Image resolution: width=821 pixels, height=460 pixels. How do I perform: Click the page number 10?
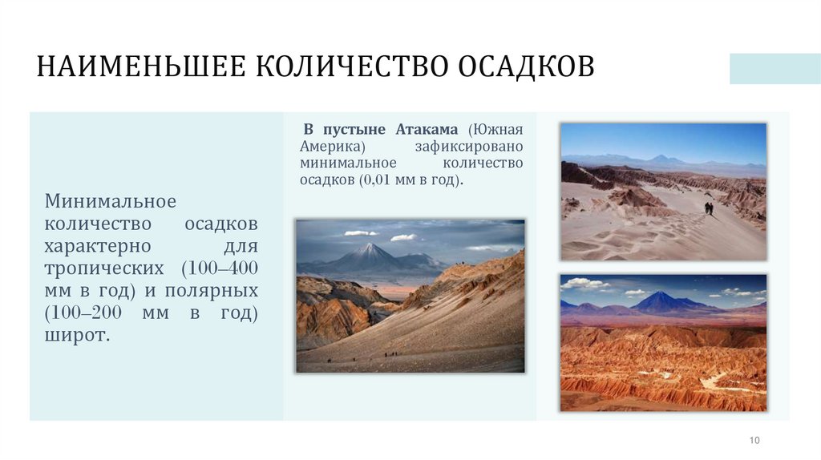point(754,440)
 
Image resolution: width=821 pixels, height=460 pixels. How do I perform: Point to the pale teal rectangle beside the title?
point(774,69)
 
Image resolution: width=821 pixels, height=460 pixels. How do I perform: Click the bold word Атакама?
point(427,130)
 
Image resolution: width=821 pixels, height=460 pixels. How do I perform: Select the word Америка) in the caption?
point(333,147)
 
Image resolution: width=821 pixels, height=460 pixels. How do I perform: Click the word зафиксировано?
point(469,147)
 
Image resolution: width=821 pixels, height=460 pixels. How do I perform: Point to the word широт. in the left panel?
point(77,335)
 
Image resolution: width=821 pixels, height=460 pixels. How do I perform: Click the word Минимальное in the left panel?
point(111,199)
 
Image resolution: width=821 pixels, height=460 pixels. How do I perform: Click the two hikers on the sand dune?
point(709,208)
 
